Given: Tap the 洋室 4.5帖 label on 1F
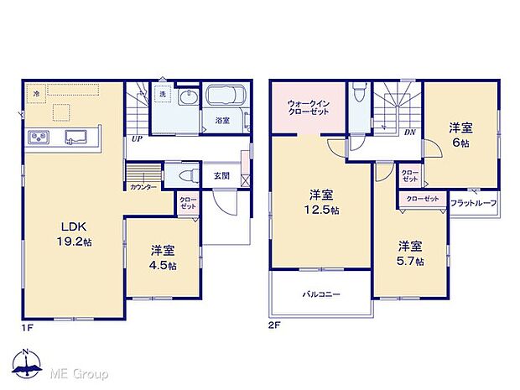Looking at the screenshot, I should pyautogui.click(x=163, y=257).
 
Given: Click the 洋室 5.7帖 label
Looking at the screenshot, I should pyautogui.click(x=410, y=253).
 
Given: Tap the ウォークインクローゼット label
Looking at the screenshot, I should pyautogui.click(x=308, y=107).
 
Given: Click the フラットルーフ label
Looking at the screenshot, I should pyautogui.click(x=474, y=204).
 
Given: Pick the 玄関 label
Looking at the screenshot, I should pyautogui.click(x=221, y=176).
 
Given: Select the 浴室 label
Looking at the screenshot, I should pyautogui.click(x=222, y=121).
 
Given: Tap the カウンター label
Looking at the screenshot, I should pyautogui.click(x=142, y=188).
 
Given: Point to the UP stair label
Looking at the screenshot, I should pyautogui.click(x=136, y=139).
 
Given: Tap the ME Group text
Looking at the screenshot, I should pyautogui.click(x=80, y=372).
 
